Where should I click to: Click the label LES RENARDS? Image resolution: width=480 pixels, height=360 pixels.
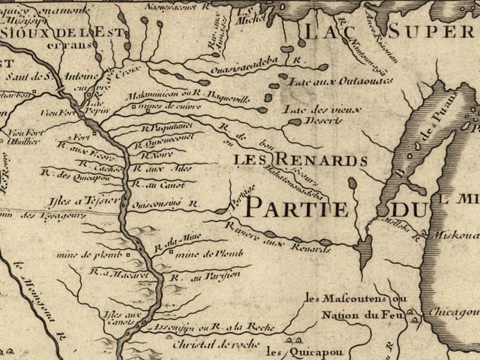[x=300, y=160]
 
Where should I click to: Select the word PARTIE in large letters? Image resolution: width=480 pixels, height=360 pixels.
[x=296, y=209]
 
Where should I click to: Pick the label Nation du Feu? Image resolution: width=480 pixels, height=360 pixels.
[x=355, y=316]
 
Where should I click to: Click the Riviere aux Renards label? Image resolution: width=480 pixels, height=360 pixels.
[x=278, y=237]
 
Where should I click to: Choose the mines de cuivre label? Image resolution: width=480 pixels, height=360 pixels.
[x=166, y=107]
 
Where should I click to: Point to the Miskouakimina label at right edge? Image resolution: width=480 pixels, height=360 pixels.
[x=455, y=235]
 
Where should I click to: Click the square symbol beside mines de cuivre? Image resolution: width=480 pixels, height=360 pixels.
[x=136, y=107]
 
